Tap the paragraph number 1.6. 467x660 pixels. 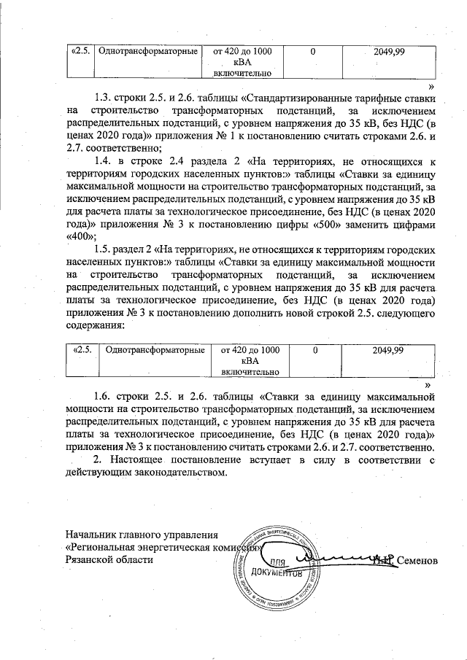pos(107,397)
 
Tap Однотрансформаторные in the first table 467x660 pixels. pos(148,52)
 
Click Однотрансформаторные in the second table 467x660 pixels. pos(154,350)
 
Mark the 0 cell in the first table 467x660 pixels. pos(312,52)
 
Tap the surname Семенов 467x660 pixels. pos(420,561)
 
